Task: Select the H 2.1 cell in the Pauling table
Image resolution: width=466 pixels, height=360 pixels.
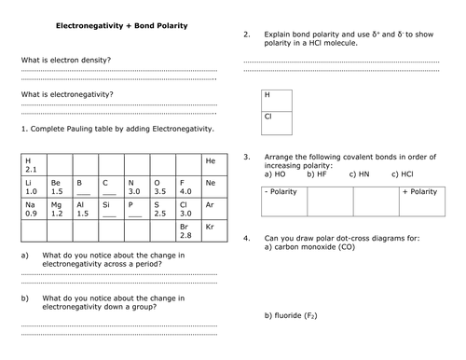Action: [x=33, y=164]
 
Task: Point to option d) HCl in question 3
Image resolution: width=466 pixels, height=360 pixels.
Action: [x=403, y=173]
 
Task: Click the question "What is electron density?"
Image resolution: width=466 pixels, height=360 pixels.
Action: [x=64, y=61]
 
